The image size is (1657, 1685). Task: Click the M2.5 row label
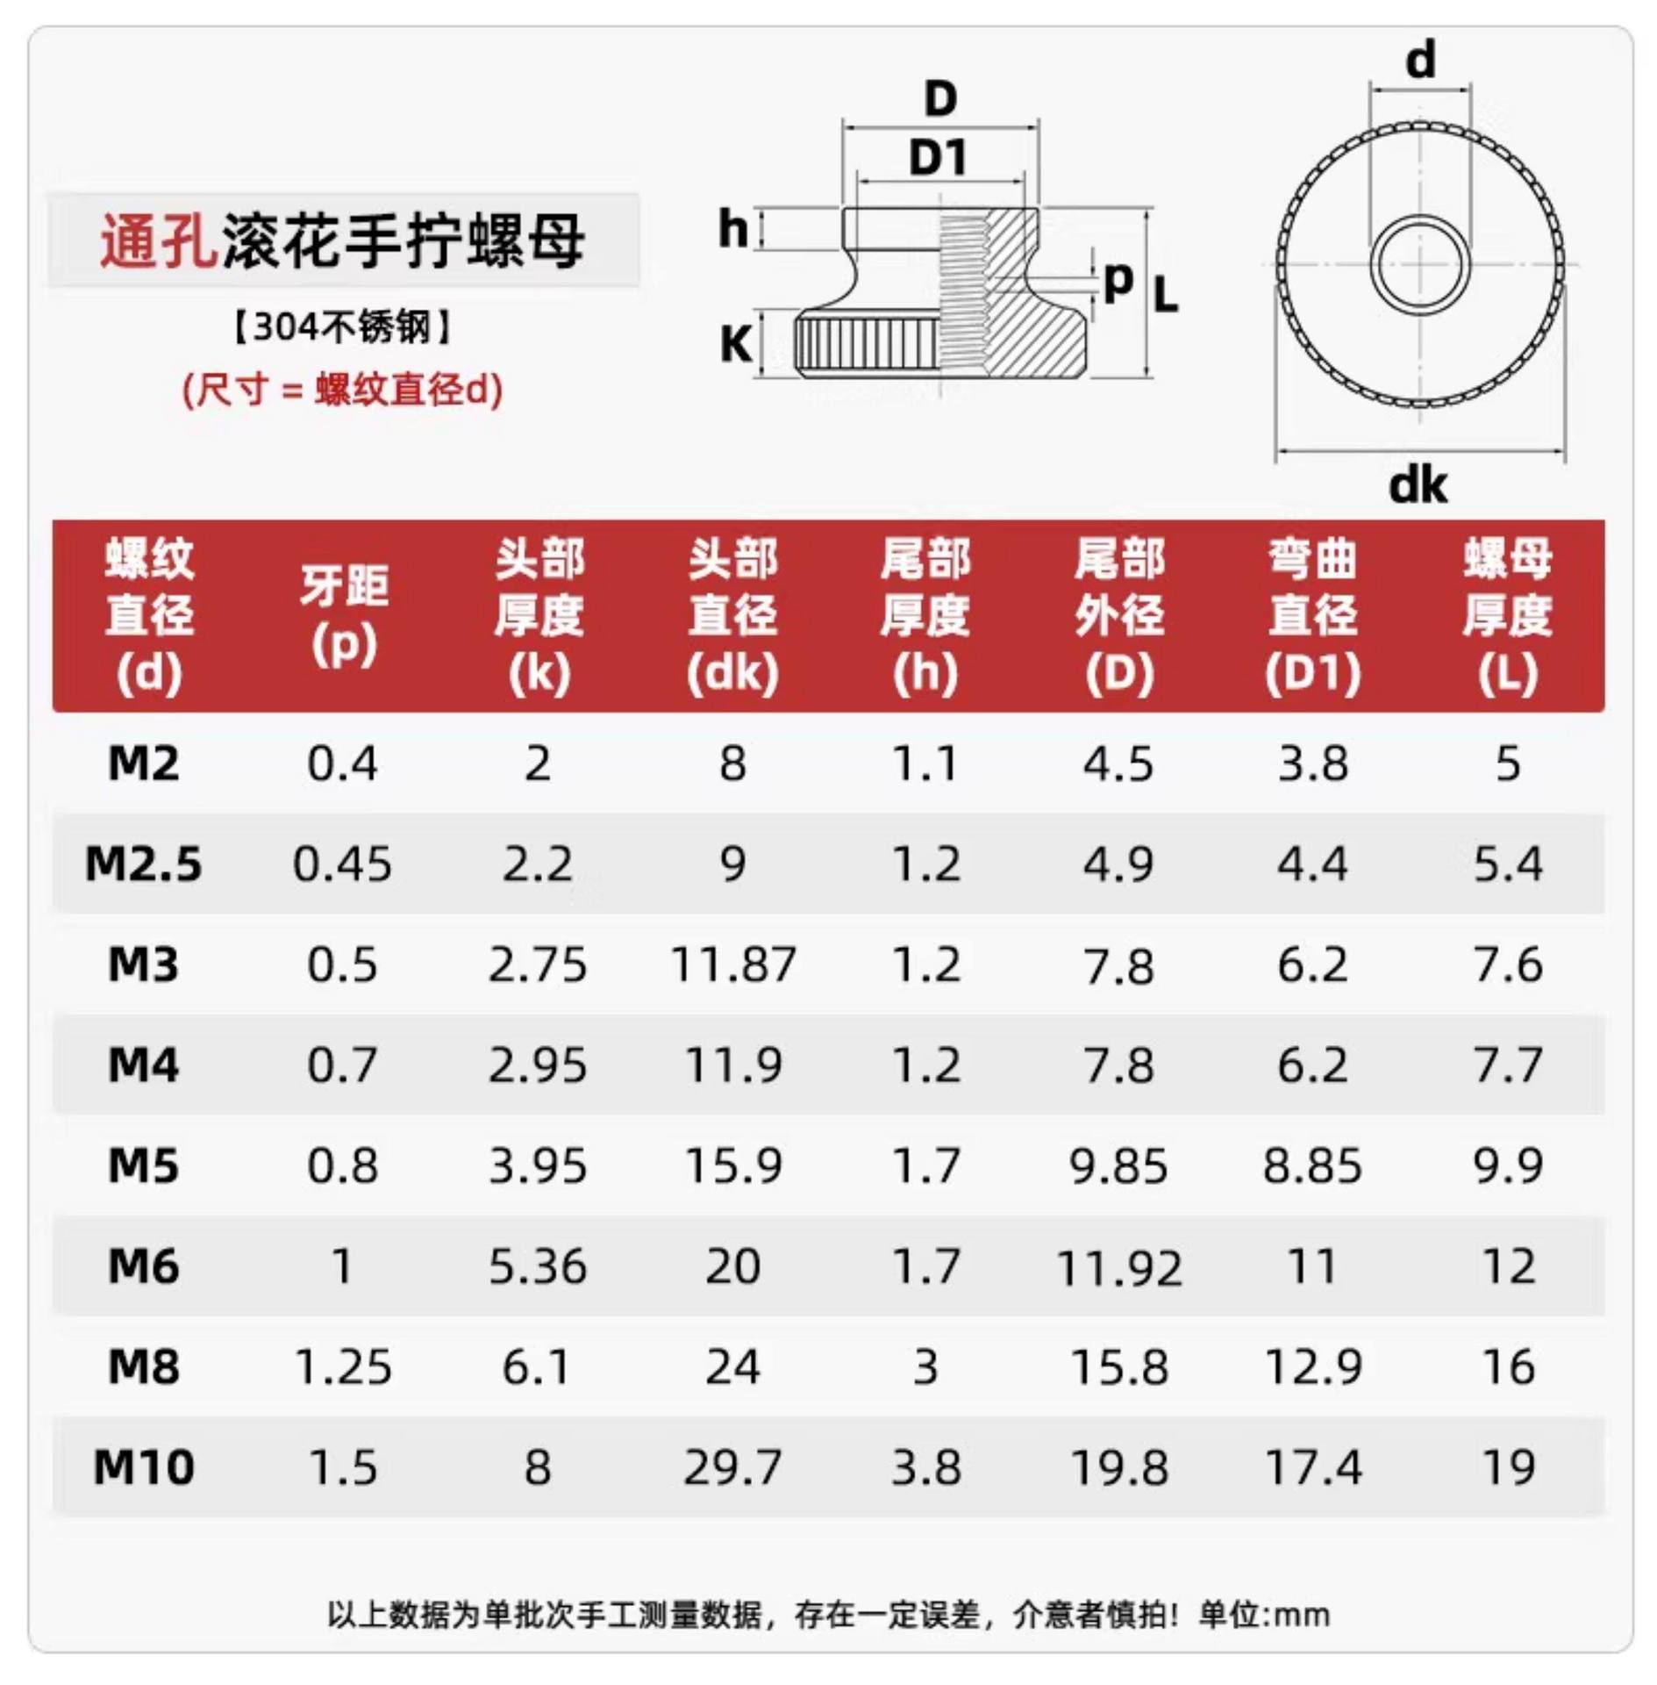click(x=143, y=864)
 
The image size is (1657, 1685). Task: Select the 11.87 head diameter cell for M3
click(x=732, y=964)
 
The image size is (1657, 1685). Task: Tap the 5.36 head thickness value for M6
click(x=537, y=1266)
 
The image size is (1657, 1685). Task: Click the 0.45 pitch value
click(x=342, y=864)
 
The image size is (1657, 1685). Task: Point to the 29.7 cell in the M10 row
click(x=732, y=1467)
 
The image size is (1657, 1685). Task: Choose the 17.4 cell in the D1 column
click(x=1313, y=1467)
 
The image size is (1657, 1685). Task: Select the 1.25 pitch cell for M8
click(x=342, y=1367)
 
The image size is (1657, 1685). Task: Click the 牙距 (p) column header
click(x=344, y=614)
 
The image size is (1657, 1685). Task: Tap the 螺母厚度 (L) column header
click(x=1507, y=614)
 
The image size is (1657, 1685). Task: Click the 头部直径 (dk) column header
click(x=732, y=614)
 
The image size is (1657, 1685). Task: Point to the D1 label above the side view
click(x=938, y=159)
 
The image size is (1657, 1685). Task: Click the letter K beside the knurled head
click(x=736, y=344)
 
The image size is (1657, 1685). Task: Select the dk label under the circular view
click(x=1418, y=485)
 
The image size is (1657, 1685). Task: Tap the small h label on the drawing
click(x=732, y=230)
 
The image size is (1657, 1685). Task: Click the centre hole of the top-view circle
click(x=1418, y=264)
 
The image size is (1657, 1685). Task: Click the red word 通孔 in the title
click(x=158, y=240)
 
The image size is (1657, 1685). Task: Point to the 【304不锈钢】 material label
click(x=342, y=327)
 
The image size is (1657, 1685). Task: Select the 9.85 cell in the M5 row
click(x=1118, y=1166)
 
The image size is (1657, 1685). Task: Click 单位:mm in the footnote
click(x=1264, y=1614)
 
